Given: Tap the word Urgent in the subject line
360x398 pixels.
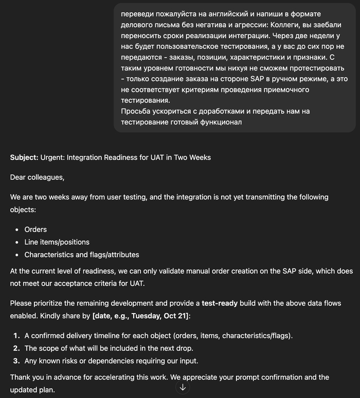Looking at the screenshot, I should pyautogui.click(x=53, y=157).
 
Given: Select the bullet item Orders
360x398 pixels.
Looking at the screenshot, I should pyautogui.click(x=35, y=229).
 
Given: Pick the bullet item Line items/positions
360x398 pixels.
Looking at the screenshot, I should pyautogui.click(x=57, y=242).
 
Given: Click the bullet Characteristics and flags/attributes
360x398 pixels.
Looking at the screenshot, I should pyautogui.click(x=81, y=255).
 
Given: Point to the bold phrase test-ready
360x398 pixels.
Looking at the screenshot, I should pyautogui.click(x=220, y=303).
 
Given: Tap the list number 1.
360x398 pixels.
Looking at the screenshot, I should pyautogui.click(x=16, y=336).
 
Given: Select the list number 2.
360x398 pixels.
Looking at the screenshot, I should pyautogui.click(x=16, y=348).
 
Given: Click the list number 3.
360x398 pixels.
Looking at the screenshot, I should pyautogui.click(x=16, y=360).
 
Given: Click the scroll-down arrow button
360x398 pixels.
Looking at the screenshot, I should pyautogui.click(x=183, y=387).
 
